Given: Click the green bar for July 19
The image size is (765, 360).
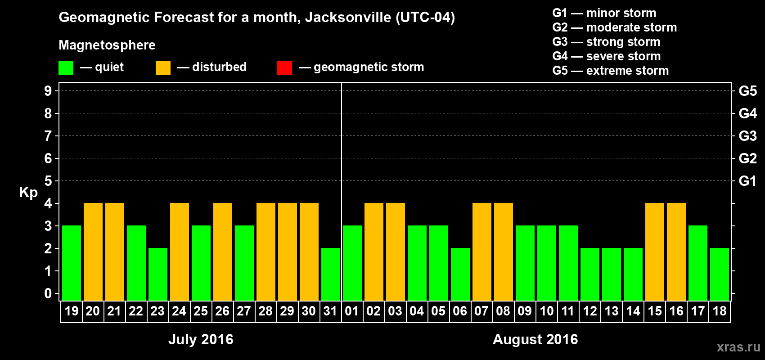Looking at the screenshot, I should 72,263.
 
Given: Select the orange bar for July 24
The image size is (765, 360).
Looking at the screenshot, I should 180,252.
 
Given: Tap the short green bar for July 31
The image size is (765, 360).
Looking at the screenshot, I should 331,274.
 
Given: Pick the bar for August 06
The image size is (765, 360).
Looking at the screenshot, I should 460,274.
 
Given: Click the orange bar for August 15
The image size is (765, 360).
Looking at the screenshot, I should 655,252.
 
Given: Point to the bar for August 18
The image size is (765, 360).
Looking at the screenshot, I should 720,274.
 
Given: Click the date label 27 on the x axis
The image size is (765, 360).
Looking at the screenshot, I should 244,311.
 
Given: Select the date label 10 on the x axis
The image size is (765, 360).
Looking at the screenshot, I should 546,311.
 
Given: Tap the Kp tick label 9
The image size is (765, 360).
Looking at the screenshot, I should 48,91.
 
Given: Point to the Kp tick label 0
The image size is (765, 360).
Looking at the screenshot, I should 48,293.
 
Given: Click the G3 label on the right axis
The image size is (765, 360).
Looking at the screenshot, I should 747,136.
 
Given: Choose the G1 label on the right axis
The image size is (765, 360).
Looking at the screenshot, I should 747,181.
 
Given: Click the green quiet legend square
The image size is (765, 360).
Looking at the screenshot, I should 66,68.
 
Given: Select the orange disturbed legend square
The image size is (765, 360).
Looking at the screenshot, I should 163,68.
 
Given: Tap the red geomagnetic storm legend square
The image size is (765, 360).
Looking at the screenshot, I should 284,68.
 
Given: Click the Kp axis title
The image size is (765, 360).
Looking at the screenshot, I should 28,192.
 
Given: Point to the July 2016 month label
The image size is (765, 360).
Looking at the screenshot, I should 201,339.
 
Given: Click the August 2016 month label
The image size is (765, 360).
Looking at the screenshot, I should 535,339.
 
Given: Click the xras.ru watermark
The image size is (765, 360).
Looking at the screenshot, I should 738,346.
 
